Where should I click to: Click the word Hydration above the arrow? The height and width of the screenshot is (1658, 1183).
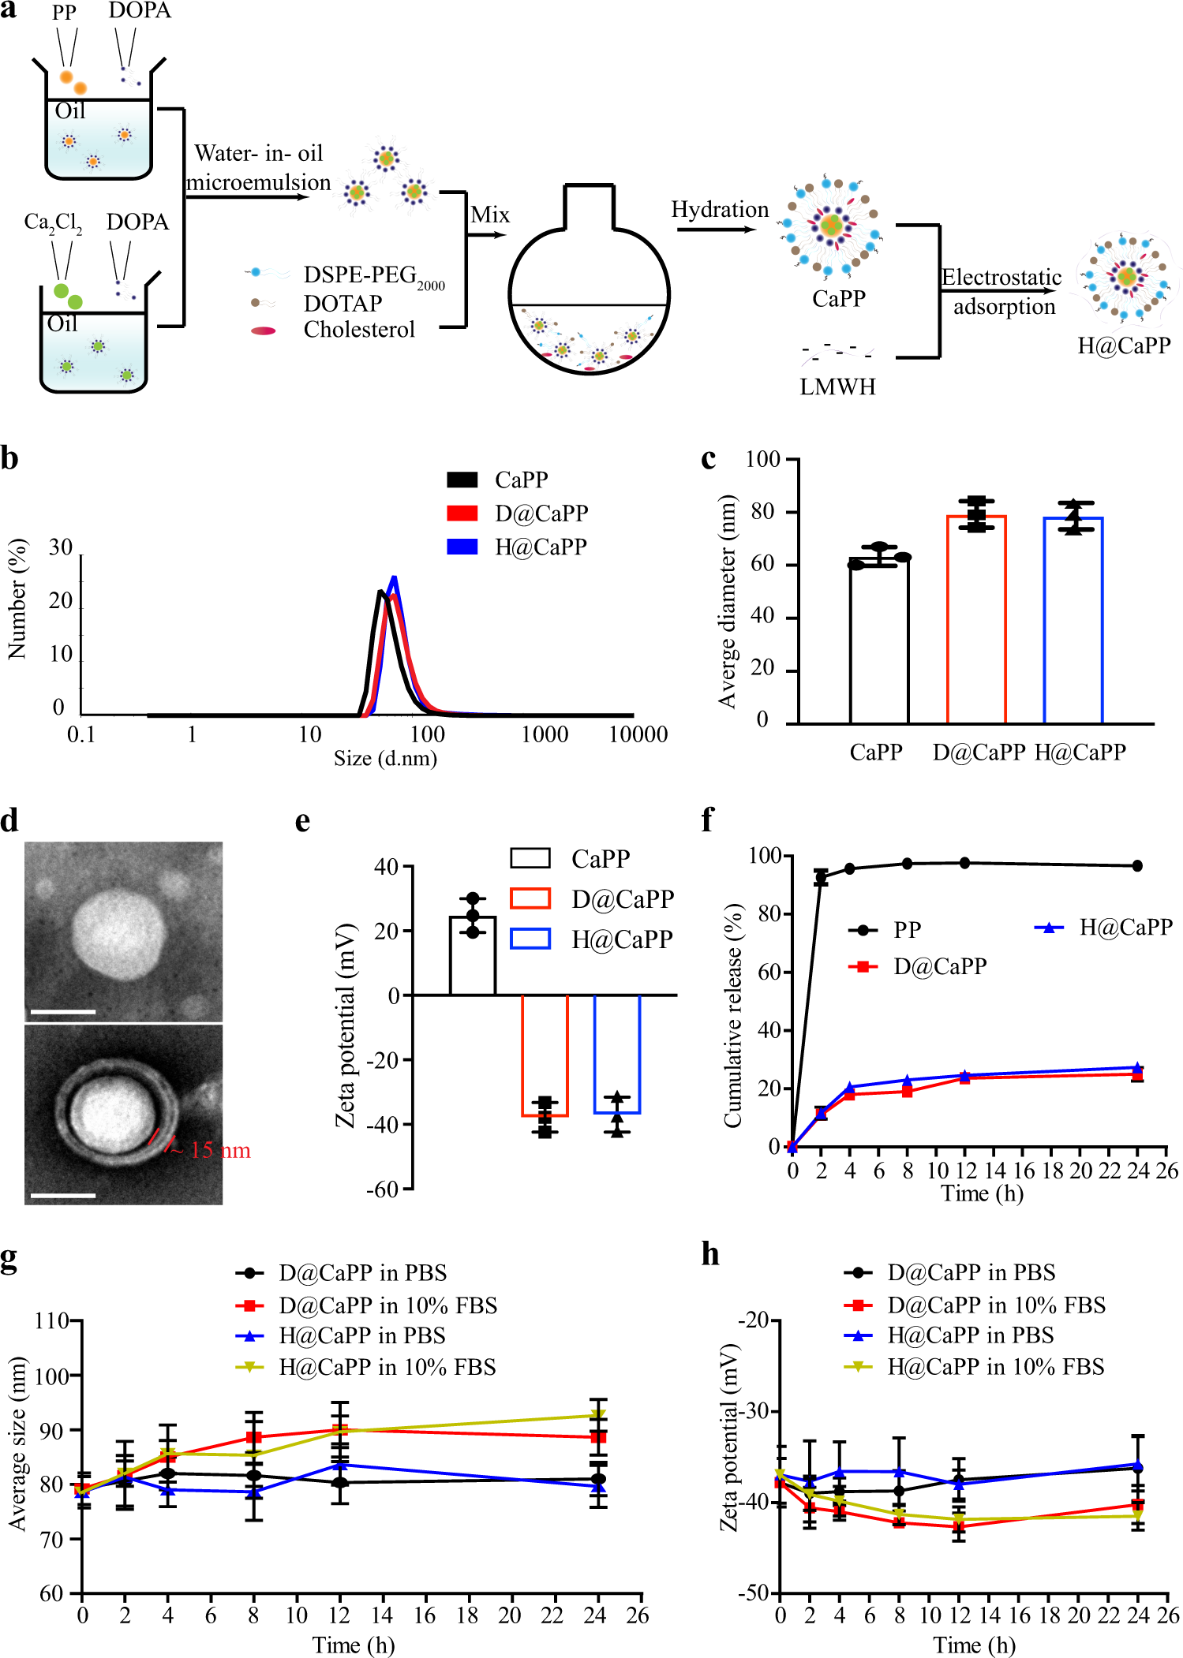tap(720, 210)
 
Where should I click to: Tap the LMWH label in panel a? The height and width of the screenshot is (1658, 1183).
tap(837, 386)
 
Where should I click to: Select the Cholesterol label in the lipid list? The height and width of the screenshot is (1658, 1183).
tap(359, 330)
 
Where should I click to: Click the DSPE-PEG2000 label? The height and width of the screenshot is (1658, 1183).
tap(373, 275)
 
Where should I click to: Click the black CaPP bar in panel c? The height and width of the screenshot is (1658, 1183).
tap(879, 639)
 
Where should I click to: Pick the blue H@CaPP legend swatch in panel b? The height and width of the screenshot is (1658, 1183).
tap(462, 547)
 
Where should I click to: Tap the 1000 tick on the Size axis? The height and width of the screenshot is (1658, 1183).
tap(545, 734)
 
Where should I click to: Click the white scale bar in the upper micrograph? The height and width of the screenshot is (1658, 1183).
tap(63, 1011)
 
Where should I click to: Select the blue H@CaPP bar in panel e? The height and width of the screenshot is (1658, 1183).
tap(616, 1054)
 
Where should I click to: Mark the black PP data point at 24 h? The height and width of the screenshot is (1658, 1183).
tap(1137, 866)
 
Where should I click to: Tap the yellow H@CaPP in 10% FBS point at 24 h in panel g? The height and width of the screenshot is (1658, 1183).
tap(598, 1415)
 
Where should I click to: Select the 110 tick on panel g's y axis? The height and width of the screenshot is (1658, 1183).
tap(51, 1321)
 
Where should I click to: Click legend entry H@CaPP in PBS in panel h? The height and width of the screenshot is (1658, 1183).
tap(970, 1335)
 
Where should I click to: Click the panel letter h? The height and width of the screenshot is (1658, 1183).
tap(710, 1254)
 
